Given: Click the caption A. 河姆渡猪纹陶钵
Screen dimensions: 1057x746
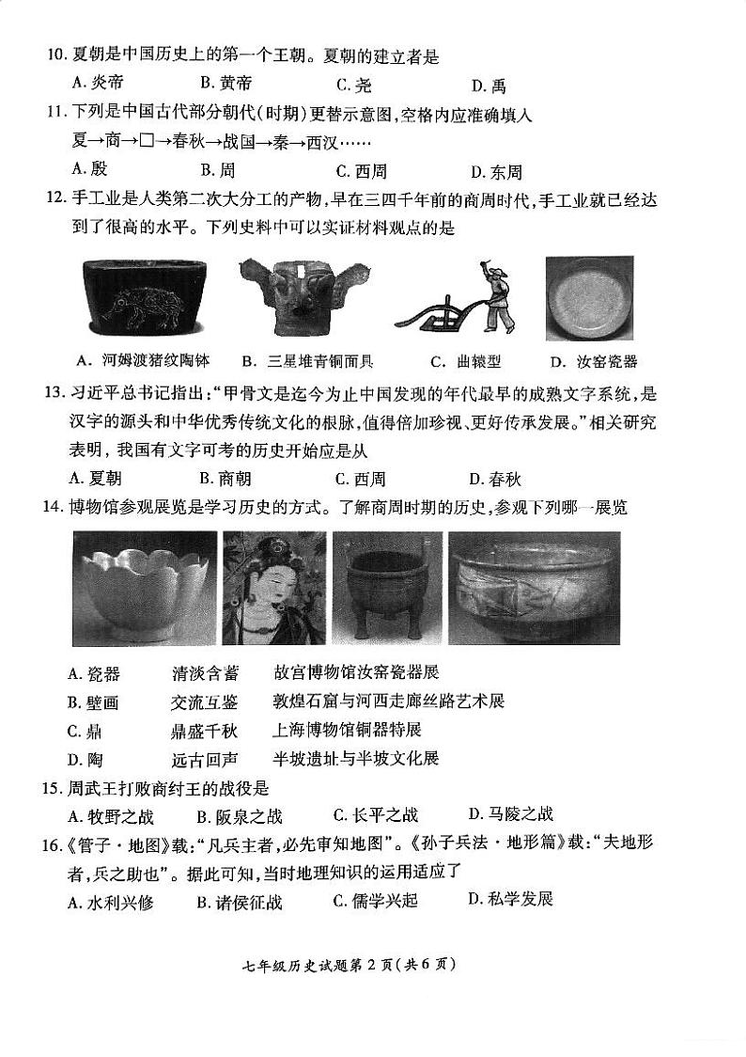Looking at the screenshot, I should tap(143, 360).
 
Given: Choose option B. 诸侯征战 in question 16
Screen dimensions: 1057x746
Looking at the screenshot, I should tap(239, 902).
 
